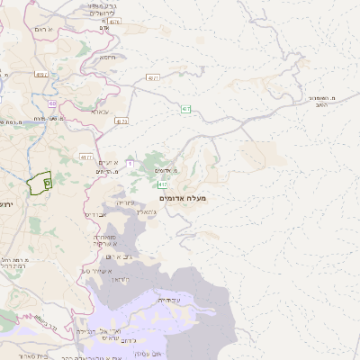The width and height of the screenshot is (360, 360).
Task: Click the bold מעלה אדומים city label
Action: point(182,197)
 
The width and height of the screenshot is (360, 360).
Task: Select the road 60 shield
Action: point(52,103)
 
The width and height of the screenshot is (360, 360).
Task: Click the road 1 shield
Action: point(130,163)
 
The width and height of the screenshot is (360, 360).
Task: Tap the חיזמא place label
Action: point(107,57)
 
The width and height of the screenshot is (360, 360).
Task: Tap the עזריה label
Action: point(125,204)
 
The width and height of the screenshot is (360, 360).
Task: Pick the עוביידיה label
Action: point(168,299)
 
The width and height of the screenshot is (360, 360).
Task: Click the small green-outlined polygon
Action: point(39,184)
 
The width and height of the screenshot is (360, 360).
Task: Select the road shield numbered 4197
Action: point(40,75)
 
